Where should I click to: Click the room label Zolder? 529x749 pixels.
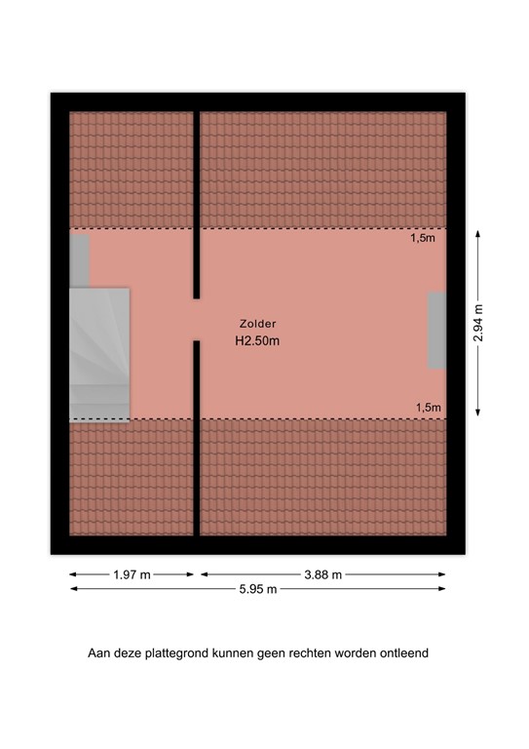pyautogui.click(x=257, y=324)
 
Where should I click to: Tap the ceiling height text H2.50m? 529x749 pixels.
pyautogui.click(x=257, y=342)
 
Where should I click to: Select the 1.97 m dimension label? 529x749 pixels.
pyautogui.click(x=131, y=574)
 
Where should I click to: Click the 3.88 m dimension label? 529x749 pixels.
pyautogui.click(x=321, y=574)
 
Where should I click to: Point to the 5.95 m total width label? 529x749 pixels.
pyautogui.click(x=257, y=589)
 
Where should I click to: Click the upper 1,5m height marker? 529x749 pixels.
pyautogui.click(x=422, y=238)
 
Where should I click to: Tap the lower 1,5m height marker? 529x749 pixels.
pyautogui.click(x=427, y=408)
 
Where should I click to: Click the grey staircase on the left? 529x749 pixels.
pyautogui.click(x=98, y=355)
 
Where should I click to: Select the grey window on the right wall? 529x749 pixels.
pyautogui.click(x=437, y=330)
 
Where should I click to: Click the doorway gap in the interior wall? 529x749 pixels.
pyautogui.click(x=196, y=319)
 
